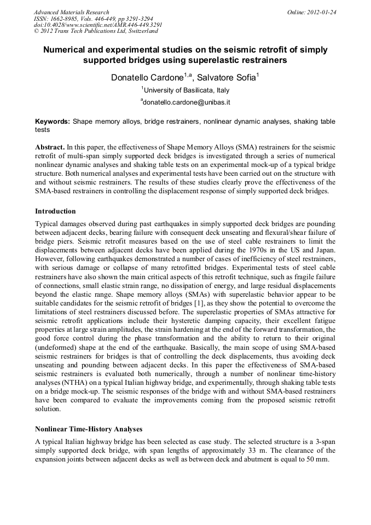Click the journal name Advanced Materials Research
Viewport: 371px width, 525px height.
pos(71,12)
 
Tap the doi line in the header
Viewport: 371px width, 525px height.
pos(98,25)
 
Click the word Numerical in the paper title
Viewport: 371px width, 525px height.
pos(67,50)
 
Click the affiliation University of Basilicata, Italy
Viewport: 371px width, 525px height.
pos(186,90)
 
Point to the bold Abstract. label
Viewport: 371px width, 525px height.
pos(50,148)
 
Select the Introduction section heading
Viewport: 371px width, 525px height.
pos(55,211)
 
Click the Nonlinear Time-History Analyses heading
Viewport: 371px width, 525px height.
pos(89,429)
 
